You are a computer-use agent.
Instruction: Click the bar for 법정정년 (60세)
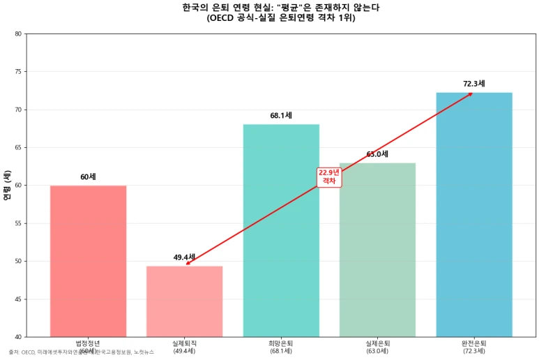(88, 261)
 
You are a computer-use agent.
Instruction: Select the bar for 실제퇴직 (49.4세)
(184, 301)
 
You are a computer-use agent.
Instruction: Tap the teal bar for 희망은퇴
(281, 230)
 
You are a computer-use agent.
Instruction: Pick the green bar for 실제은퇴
(377, 250)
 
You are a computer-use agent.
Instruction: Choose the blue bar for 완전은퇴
(474, 214)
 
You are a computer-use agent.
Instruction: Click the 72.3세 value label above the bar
(474, 84)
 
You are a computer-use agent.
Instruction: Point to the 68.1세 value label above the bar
(281, 115)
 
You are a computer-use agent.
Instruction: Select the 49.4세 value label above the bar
(184, 257)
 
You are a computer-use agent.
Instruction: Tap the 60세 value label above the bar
(88, 177)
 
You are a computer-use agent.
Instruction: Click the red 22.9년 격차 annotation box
(328, 177)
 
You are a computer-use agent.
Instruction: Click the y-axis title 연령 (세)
(7, 186)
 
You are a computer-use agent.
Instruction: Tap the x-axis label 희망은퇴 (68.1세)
(281, 347)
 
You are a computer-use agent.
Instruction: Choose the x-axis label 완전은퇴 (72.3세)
(474, 347)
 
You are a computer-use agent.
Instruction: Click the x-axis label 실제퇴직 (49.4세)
(184, 347)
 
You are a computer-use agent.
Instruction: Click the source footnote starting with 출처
(81, 352)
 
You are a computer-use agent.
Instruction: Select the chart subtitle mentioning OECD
(281, 18)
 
